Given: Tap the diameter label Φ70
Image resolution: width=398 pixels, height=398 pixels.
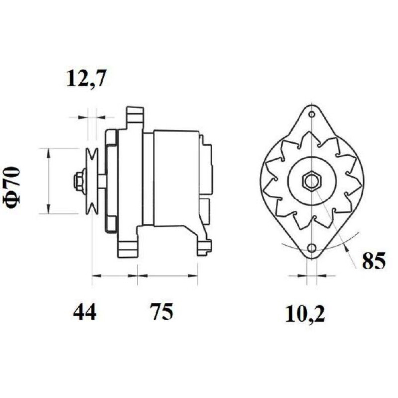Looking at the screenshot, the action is pyautogui.click(x=11, y=187).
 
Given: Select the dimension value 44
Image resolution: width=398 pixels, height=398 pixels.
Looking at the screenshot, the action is pyautogui.click(x=84, y=312).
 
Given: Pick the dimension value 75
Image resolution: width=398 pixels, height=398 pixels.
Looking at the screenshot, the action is pyautogui.click(x=161, y=312).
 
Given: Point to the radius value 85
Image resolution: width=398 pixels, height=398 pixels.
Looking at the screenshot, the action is pyautogui.click(x=374, y=261).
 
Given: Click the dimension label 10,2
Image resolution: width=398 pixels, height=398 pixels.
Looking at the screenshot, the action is pyautogui.click(x=305, y=314).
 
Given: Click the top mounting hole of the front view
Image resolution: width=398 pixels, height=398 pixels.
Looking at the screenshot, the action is pyautogui.click(x=312, y=114).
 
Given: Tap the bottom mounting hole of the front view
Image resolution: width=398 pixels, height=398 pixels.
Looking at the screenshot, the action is pyautogui.click(x=312, y=247).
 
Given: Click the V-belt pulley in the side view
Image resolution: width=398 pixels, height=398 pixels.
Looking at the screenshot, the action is pyautogui.click(x=91, y=181).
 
